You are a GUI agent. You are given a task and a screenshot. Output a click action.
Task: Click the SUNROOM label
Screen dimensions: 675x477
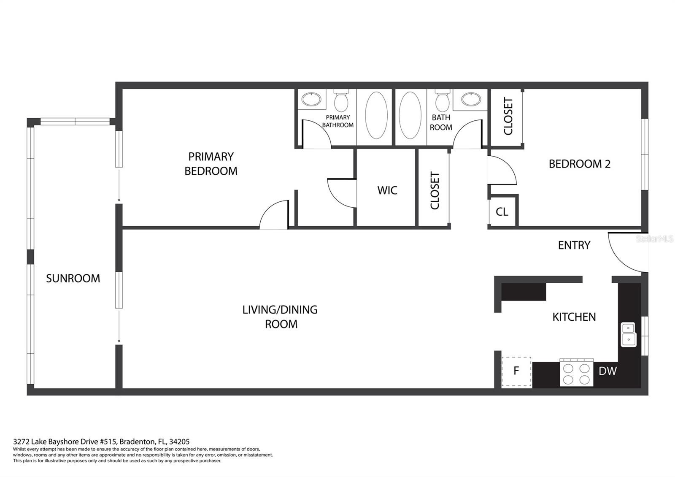click(x=73, y=278)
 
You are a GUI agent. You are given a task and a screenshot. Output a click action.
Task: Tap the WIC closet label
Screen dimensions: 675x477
click(x=387, y=190)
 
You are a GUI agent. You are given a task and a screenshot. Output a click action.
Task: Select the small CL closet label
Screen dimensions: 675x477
click(x=502, y=212)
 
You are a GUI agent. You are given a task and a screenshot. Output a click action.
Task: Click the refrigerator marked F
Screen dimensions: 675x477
click(x=516, y=372)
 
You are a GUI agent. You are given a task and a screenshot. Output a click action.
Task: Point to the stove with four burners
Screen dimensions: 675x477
click(x=576, y=373)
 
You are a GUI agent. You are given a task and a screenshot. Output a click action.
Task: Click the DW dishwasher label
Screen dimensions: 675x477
click(x=608, y=371)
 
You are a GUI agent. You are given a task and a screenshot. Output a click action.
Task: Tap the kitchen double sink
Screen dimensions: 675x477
click(x=628, y=334)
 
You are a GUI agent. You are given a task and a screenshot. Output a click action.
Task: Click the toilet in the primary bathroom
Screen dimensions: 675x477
click(x=341, y=100)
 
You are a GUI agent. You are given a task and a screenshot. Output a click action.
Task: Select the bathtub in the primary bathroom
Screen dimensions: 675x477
click(x=376, y=116)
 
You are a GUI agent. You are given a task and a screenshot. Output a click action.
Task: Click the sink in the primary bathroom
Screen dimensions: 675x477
click(x=311, y=99)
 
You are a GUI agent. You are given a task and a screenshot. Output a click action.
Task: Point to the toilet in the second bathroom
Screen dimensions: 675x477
click(x=443, y=100)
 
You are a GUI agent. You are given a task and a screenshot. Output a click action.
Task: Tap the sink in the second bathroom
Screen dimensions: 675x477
click(x=471, y=99)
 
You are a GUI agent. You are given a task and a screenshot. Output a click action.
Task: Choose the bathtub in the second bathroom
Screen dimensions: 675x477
click(x=410, y=116)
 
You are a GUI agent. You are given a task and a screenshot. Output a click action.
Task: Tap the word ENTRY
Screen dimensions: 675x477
click(x=574, y=245)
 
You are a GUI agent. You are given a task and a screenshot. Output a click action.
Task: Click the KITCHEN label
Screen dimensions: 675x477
click(x=574, y=317)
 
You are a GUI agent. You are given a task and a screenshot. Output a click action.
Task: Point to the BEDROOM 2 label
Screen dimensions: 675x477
click(x=580, y=164)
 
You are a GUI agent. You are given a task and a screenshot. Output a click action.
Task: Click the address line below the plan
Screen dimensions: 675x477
click(x=101, y=442)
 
